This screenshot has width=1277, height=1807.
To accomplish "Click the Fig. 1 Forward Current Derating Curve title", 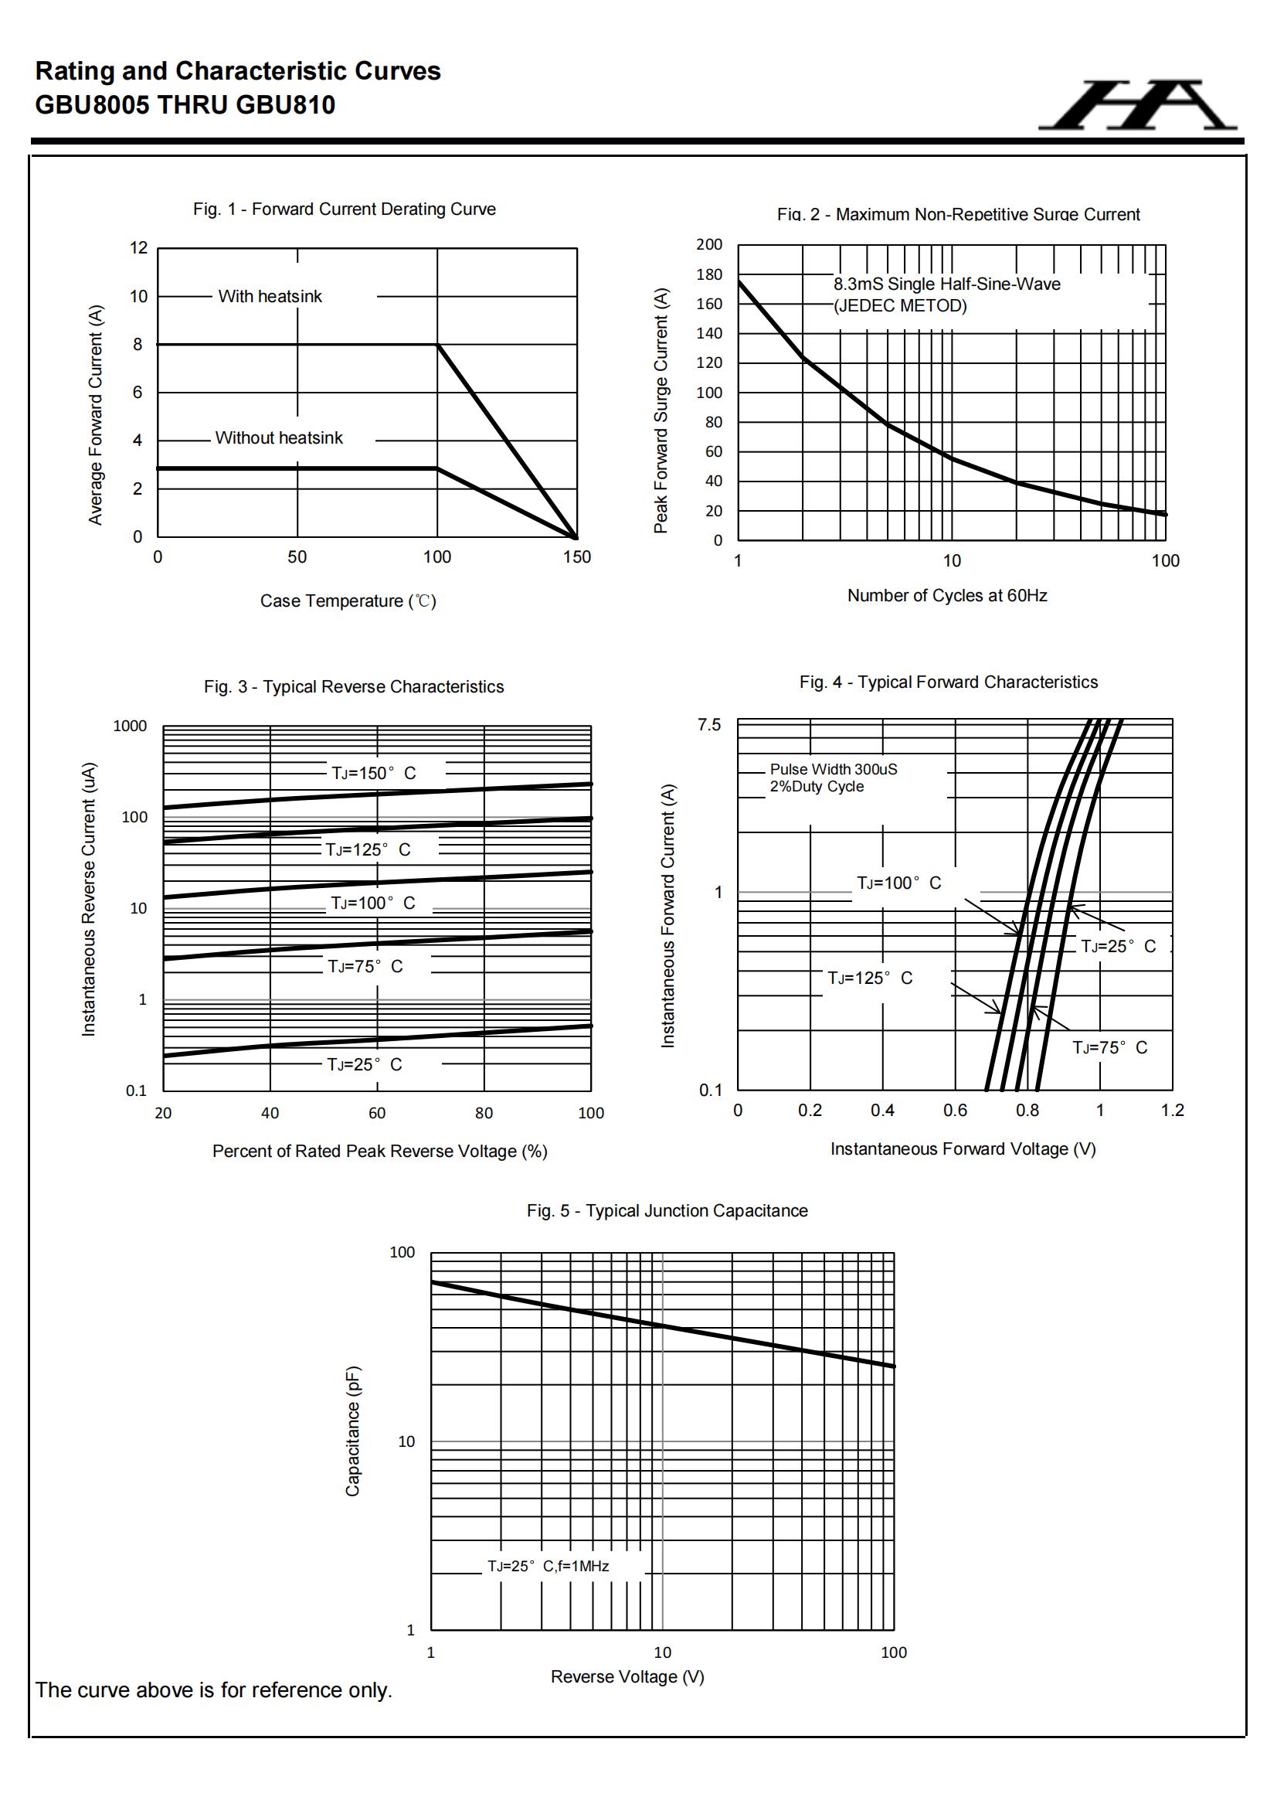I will (344, 209).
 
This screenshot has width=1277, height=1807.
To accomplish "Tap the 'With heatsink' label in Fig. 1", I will (270, 297).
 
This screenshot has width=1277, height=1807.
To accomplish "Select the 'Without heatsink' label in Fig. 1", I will (279, 438).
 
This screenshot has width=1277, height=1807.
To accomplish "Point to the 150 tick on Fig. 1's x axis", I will (577, 557).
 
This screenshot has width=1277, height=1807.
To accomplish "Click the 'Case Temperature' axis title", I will (348, 601).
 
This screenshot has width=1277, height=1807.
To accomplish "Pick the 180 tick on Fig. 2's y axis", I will (709, 274).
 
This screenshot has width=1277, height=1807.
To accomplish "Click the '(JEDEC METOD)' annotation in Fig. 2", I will (900, 306).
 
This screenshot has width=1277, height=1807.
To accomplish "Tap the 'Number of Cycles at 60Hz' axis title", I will (946, 596).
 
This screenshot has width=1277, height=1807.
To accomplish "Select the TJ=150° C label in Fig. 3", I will (374, 774).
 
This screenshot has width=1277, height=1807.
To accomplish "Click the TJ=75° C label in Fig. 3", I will (365, 966).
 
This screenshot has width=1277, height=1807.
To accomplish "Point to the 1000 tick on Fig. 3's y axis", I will (130, 727).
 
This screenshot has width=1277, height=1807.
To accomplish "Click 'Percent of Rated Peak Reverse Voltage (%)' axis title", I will (379, 1152).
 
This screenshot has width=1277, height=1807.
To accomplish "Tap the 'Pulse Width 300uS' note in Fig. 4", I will (834, 769).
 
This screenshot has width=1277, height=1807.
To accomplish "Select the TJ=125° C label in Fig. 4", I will (869, 978).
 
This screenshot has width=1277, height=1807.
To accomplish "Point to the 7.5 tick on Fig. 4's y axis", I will (709, 725).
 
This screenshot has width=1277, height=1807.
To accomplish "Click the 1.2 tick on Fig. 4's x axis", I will (1172, 1111).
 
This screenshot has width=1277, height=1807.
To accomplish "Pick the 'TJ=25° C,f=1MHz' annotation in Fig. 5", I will (548, 1566).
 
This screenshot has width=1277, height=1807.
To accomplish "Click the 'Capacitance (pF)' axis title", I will (352, 1431).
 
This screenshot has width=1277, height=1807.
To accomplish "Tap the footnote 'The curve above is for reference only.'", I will (213, 1690).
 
